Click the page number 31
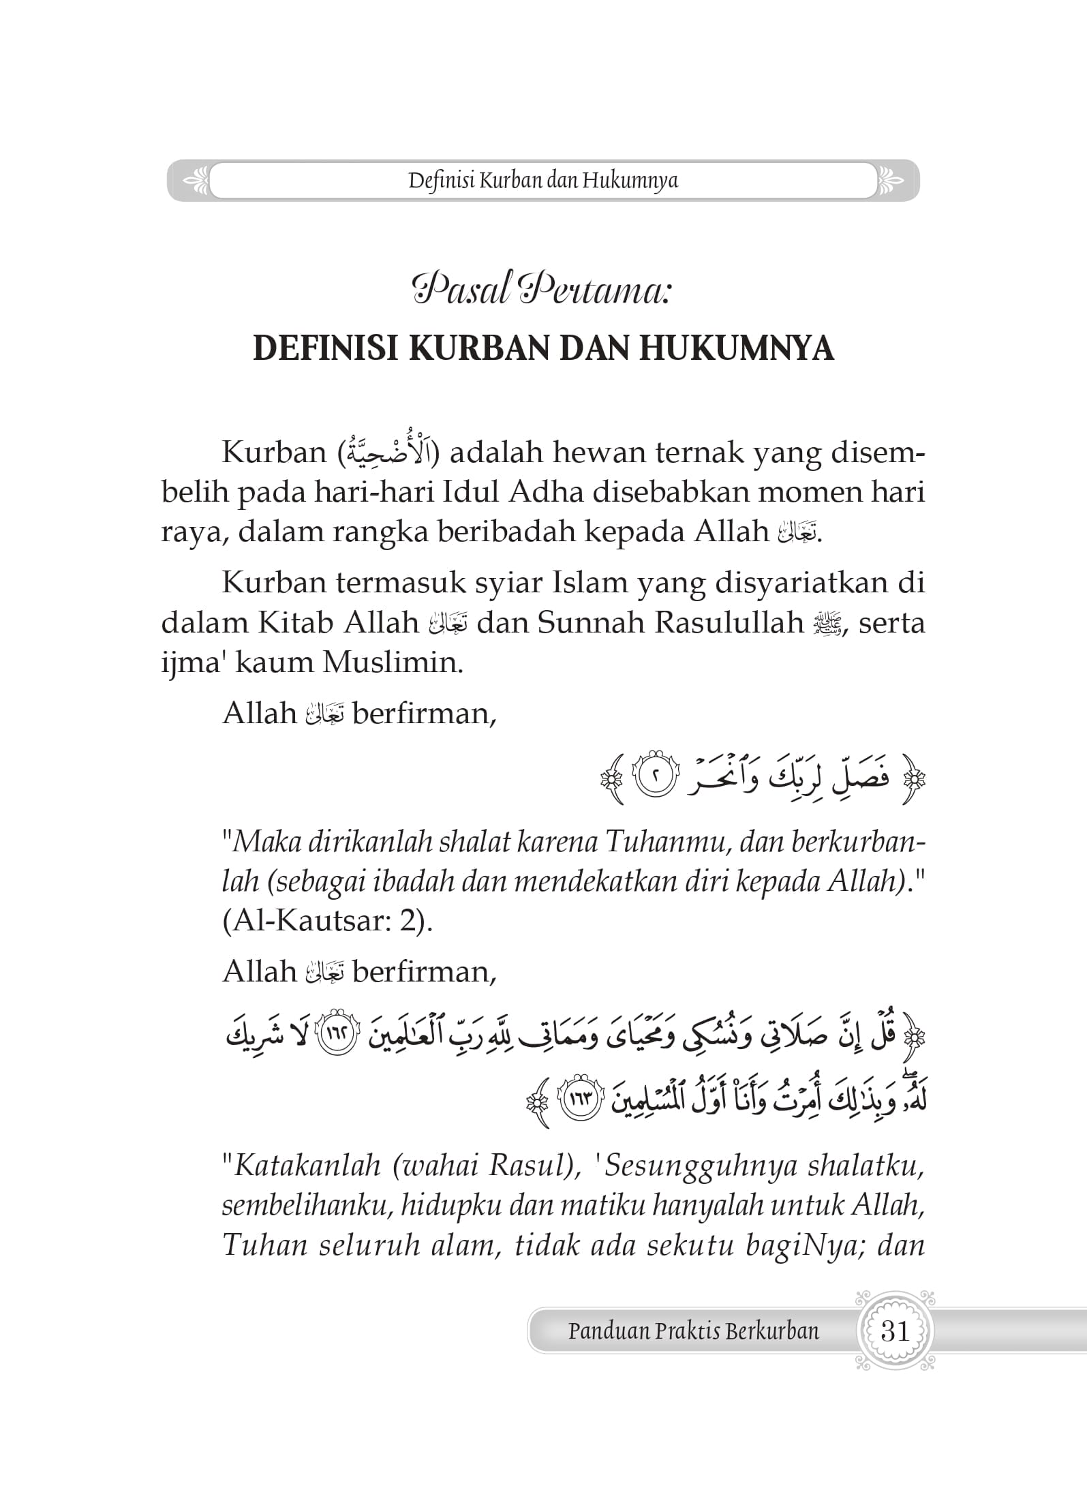click(x=895, y=1331)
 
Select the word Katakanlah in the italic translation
click(x=307, y=1167)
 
